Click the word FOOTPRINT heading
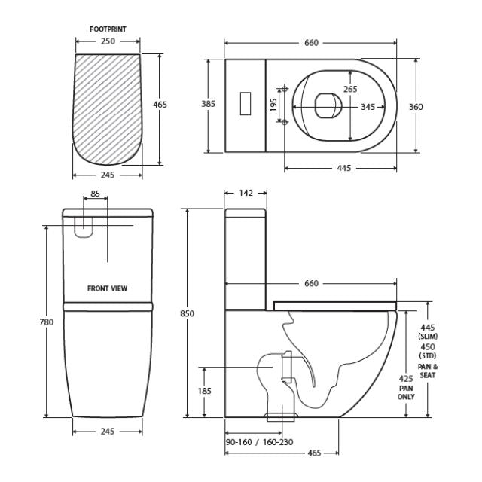point(108,29)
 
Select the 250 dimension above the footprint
point(108,41)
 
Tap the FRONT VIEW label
point(108,288)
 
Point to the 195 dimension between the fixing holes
point(273,104)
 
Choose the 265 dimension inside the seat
point(350,89)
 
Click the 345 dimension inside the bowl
point(368,107)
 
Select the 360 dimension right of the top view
point(416,107)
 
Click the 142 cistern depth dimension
point(245,194)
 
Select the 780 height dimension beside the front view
point(47,322)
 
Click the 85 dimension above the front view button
point(95,194)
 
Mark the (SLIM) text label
point(428,337)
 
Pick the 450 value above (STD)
point(428,346)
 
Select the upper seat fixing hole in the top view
point(284,86)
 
